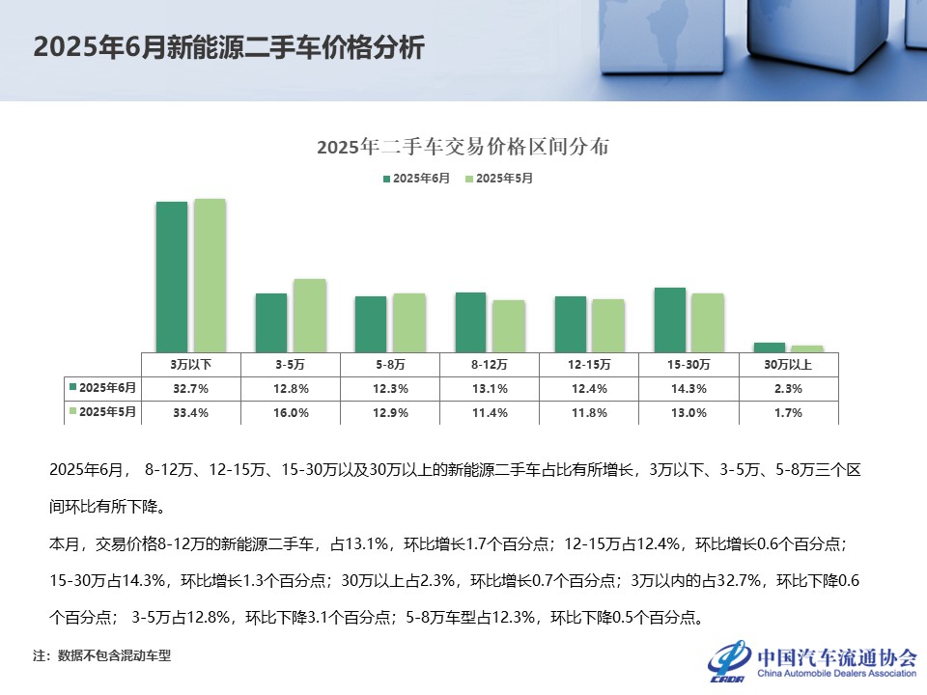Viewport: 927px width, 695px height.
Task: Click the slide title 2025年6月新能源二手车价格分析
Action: (x=229, y=48)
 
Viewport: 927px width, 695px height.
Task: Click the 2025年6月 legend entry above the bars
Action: (x=416, y=179)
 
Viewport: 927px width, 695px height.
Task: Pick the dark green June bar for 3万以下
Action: (x=172, y=276)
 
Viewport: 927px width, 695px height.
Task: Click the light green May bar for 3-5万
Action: (x=310, y=315)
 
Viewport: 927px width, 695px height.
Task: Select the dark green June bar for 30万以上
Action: (x=769, y=347)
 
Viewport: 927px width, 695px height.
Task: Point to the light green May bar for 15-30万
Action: (x=707, y=321)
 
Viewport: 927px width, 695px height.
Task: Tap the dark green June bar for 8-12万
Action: (x=470, y=321)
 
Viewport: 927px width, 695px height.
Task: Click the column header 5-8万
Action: (x=390, y=365)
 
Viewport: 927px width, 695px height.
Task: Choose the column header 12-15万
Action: (x=589, y=365)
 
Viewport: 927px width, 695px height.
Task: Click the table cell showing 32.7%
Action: (x=191, y=388)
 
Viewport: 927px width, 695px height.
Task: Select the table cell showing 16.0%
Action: (x=291, y=412)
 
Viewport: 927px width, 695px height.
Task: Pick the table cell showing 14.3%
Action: (x=688, y=388)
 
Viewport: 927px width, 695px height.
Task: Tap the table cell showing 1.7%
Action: (x=788, y=412)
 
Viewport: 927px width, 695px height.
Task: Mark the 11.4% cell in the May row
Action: (x=490, y=412)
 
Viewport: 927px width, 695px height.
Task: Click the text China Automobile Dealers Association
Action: (x=836, y=673)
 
